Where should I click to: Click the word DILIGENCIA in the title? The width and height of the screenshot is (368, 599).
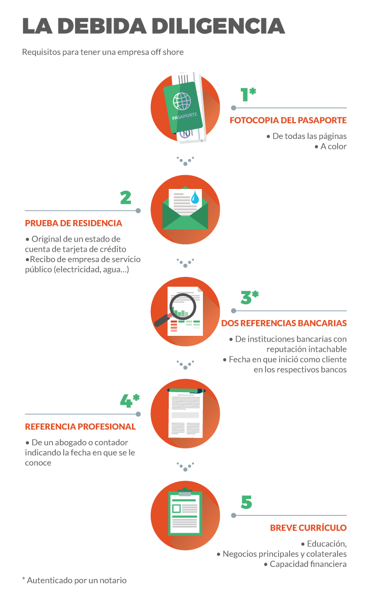pos(218,26)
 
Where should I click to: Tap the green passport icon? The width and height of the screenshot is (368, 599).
pos(183,107)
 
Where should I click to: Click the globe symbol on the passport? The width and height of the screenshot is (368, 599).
pos(182,101)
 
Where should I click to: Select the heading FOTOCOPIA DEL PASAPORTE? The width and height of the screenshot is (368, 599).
pos(288,121)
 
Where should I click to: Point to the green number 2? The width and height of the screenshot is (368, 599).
pos(126,197)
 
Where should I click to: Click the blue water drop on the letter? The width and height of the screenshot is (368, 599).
pos(195,197)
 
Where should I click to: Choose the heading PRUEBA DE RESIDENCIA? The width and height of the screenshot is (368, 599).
pos(74,223)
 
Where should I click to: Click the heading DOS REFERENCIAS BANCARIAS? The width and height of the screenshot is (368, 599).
pos(284,323)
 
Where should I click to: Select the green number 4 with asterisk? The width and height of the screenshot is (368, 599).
pos(130,401)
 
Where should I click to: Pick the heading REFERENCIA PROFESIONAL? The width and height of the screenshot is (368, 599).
pos(80,427)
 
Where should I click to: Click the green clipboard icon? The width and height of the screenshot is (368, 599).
pos(185,512)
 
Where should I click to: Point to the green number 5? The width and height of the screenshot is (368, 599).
pos(247,502)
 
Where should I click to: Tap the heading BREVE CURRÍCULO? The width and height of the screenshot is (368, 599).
pos(309,528)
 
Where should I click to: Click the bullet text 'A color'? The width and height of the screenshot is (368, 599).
pos(331,146)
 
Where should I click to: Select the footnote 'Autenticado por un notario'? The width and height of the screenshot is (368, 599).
pos(75,580)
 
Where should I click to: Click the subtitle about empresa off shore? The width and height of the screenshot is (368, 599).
pos(103,52)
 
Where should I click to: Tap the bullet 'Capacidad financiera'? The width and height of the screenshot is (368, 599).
pos(305,564)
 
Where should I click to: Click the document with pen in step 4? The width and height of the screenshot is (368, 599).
pos(186,413)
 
